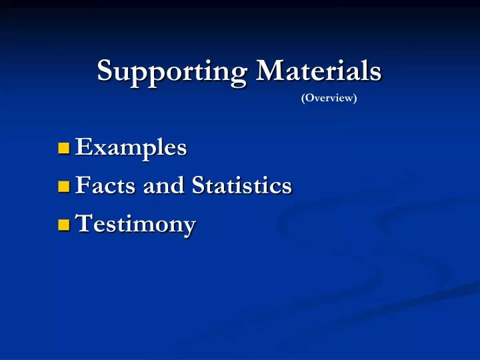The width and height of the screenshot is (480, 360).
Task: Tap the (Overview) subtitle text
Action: tap(329, 99)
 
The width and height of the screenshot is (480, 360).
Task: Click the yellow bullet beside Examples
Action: tap(64, 148)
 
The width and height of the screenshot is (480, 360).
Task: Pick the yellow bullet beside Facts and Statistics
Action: tap(64, 186)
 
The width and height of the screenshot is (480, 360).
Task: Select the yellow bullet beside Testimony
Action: tap(64, 225)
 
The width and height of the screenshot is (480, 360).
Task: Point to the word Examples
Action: tap(131, 147)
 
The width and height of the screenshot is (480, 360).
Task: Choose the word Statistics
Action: tap(242, 185)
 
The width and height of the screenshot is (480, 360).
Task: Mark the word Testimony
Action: tap(135, 225)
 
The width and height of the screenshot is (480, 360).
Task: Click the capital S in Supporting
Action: tap(105, 69)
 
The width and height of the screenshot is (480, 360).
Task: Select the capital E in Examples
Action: tap(83, 147)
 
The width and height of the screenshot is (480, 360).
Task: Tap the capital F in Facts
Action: tap(83, 185)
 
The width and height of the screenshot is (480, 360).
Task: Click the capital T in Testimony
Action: tap(83, 223)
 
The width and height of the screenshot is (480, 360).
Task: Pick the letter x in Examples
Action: tap(98, 149)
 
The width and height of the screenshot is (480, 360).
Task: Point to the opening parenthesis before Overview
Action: tap(303, 99)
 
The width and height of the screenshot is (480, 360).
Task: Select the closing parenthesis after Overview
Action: tap(355, 99)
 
